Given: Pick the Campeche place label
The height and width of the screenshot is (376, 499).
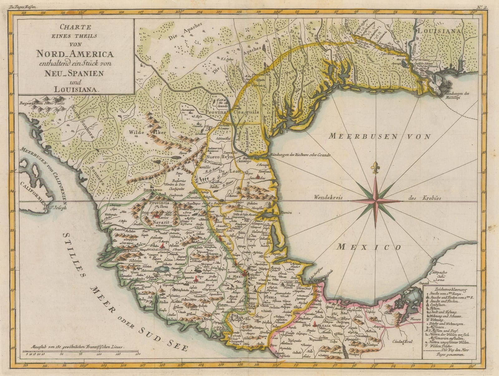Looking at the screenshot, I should coord(439,272).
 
